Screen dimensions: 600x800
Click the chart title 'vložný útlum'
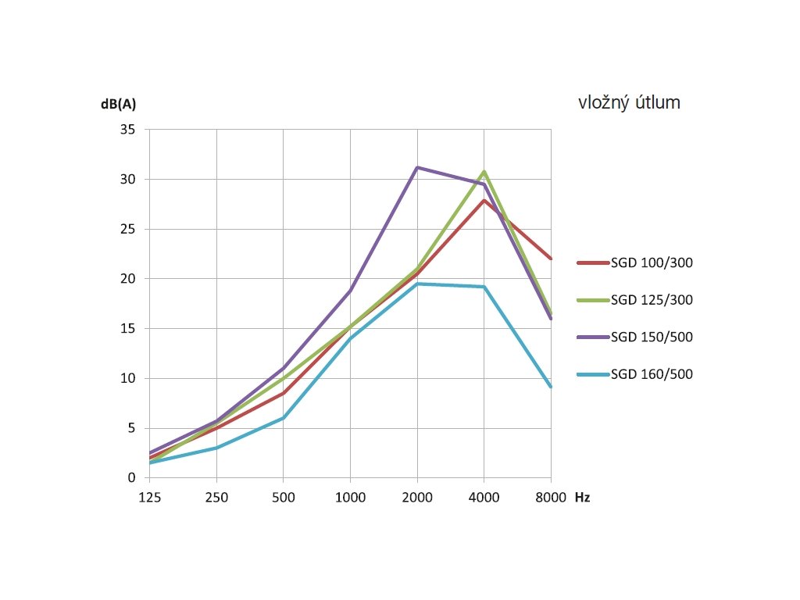pyautogui.click(x=629, y=102)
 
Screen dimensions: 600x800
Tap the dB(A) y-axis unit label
pyautogui.click(x=123, y=104)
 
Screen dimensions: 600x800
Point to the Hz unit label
pyautogui.click(x=582, y=498)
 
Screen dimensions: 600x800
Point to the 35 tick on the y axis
pyautogui.click(x=128, y=130)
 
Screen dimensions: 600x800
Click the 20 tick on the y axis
pyautogui.click(x=128, y=279)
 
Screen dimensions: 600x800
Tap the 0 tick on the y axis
pyautogui.click(x=132, y=478)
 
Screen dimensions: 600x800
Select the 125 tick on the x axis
pyautogui.click(x=149, y=498)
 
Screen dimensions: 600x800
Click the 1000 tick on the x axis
pyautogui.click(x=350, y=498)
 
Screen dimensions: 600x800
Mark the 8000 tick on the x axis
pyautogui.click(x=551, y=498)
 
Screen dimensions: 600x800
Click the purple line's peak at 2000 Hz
pyautogui.click(x=417, y=167)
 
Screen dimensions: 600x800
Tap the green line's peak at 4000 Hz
pyautogui.click(x=484, y=171)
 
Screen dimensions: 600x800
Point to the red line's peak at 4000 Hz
pyautogui.click(x=484, y=200)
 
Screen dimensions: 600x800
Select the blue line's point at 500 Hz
pyautogui.click(x=283, y=418)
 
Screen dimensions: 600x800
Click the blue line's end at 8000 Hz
pyautogui.click(x=551, y=386)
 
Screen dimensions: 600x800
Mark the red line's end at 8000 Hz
pyautogui.click(x=551, y=259)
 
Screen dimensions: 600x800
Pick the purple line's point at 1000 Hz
pyautogui.click(x=350, y=290)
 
